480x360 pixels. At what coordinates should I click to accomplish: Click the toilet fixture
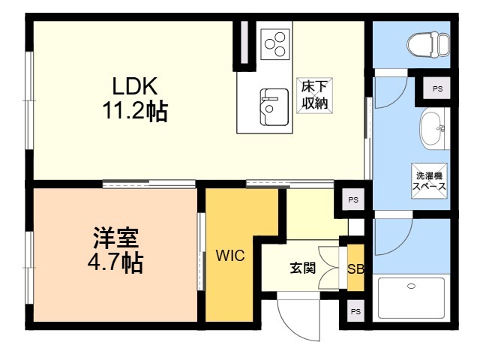pyautogui.click(x=428, y=45)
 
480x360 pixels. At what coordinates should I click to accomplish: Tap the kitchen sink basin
pyautogui.click(x=274, y=107)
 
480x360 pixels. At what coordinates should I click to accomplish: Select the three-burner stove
pyautogui.click(x=275, y=44)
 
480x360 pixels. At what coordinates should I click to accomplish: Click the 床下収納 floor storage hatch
pyautogui.click(x=314, y=95)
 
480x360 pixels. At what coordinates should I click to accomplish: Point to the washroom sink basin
pyautogui.click(x=432, y=128)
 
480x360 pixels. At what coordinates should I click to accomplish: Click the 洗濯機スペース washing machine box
pyautogui.click(x=429, y=181)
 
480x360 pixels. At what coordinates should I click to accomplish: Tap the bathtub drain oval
pyautogui.click(x=412, y=286)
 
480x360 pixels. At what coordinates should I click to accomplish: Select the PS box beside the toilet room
pyautogui.click(x=436, y=88)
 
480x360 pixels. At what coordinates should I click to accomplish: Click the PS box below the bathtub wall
pyautogui.click(x=355, y=311)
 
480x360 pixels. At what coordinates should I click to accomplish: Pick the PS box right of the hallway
pyautogui.click(x=353, y=199)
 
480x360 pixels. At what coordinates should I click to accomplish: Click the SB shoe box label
pyautogui.click(x=355, y=268)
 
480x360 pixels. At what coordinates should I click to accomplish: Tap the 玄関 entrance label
pyautogui.click(x=302, y=268)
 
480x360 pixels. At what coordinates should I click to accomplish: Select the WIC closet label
pyautogui.click(x=230, y=256)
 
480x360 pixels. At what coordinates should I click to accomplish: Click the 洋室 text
pyautogui.click(x=116, y=238)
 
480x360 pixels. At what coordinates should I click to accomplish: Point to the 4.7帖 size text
pyautogui.click(x=115, y=262)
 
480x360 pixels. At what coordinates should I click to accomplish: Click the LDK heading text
pyautogui.click(x=135, y=86)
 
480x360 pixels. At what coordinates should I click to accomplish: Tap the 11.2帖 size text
pyautogui.click(x=135, y=110)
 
